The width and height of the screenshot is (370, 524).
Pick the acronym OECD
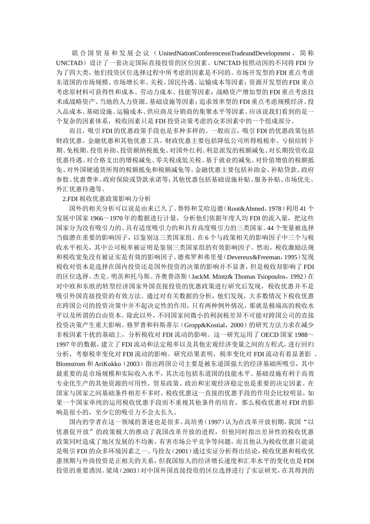[270, 335]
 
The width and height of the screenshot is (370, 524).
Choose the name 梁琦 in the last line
[112, 471]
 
